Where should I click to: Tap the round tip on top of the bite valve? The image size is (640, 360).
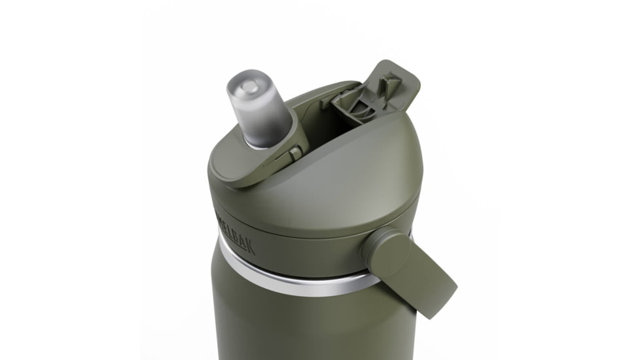[x=247, y=85]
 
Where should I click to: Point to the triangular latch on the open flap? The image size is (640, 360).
[x=391, y=82]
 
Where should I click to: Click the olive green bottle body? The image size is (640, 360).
[x=301, y=321]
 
